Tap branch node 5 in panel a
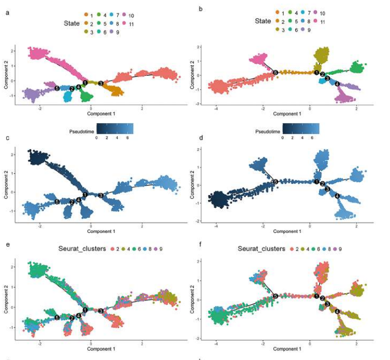[x=57, y=88]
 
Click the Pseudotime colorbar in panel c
[x=114, y=128]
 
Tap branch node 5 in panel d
[x=276, y=182]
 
